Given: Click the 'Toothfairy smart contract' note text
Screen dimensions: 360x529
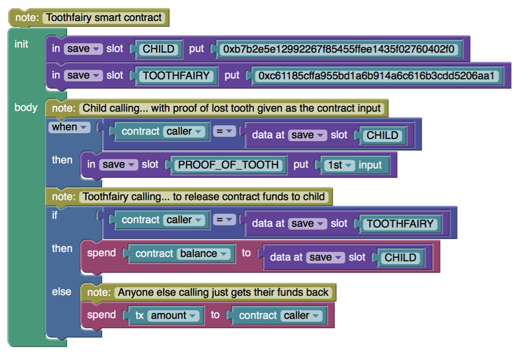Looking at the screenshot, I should [105, 17].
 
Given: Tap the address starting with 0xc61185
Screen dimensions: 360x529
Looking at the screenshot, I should [378, 76].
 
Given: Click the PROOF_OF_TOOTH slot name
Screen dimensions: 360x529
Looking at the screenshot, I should [228, 164].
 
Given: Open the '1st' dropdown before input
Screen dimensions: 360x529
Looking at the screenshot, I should [341, 164].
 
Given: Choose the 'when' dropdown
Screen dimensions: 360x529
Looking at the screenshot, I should [70, 127].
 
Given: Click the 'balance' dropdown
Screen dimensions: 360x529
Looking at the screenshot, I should [205, 254].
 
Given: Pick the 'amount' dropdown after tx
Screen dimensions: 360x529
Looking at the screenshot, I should [174, 315].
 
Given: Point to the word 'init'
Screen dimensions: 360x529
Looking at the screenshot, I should [21, 44].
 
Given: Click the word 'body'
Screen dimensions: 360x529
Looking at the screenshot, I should [26, 108].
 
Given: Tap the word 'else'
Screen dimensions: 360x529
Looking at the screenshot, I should [61, 292].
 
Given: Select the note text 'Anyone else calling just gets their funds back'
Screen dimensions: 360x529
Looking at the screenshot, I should [223, 292].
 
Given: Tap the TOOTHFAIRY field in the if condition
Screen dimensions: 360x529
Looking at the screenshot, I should [401, 224].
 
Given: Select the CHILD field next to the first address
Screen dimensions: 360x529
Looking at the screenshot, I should [158, 49].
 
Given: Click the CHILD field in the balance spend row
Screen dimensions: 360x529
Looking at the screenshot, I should [400, 258].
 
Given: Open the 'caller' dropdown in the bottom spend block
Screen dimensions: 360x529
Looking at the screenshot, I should [301, 315].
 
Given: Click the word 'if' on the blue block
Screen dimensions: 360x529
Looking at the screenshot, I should [54, 215].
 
